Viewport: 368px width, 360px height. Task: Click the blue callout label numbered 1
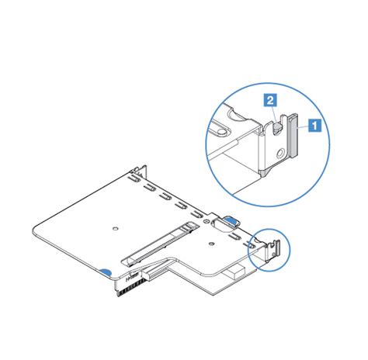[x=315, y=123]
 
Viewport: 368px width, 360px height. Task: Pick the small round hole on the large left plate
[x=115, y=228]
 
